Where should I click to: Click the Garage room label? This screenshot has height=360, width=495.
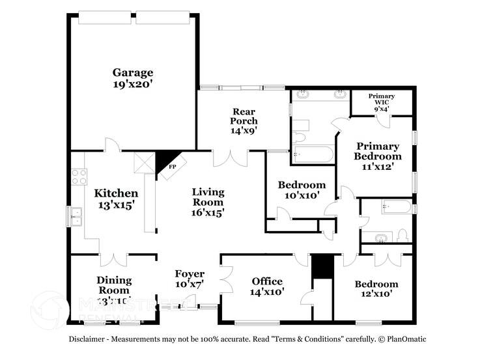tap(132, 72)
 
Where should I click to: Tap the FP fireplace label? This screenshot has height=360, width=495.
tap(173, 167)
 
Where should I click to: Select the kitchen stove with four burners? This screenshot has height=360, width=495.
tap(79, 176)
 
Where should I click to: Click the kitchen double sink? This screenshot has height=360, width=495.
tap(76, 216)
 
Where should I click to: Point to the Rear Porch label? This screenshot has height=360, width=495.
tap(244, 116)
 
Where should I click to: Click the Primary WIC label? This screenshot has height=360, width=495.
tap(381, 96)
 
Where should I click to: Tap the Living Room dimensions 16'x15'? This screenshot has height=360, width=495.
tap(208, 212)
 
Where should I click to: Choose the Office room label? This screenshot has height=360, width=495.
tap(267, 281)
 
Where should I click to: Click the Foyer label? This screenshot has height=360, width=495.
tap(190, 274)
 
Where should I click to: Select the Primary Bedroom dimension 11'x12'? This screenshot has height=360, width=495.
tap(378, 167)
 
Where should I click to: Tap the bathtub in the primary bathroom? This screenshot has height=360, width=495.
tap(313, 155)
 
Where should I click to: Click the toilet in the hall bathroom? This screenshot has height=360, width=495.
tap(402, 235)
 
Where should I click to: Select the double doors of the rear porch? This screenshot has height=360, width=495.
tap(231, 158)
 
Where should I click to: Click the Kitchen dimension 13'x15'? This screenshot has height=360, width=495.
tap(116, 204)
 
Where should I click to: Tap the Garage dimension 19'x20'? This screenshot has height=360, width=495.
tap(132, 84)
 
